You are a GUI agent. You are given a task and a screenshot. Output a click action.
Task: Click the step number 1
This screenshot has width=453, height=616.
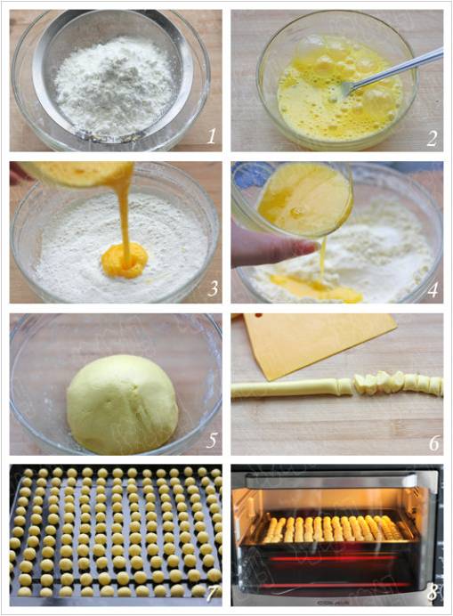pyautogui.click(x=212, y=136)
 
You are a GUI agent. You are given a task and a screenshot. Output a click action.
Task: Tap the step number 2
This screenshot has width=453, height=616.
pyautogui.click(x=433, y=138)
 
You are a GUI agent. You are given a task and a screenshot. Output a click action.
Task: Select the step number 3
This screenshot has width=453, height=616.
pyautogui.click(x=212, y=288)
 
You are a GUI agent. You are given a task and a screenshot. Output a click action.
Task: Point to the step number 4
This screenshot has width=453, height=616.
pyautogui.click(x=433, y=289)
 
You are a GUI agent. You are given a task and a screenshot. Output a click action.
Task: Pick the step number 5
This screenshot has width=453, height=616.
pyautogui.click(x=212, y=441)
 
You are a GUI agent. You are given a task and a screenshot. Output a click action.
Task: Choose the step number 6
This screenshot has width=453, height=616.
pyautogui.click(x=433, y=442)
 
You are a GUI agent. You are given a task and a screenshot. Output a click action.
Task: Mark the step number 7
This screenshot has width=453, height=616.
pyautogui.click(x=212, y=594)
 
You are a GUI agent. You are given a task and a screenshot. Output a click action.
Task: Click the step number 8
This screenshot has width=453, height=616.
pyautogui.click(x=433, y=593)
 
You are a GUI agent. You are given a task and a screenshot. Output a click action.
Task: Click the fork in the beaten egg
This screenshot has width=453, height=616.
pyautogui.click(x=392, y=70)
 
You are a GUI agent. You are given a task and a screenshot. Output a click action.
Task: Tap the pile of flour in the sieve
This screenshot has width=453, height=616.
pyautogui.click(x=114, y=85)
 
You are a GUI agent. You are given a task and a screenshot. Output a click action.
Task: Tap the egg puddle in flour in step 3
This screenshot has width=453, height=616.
pyautogui.click(x=125, y=260)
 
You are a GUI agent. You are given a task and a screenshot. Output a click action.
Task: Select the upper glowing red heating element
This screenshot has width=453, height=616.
pyautogui.click(x=333, y=558)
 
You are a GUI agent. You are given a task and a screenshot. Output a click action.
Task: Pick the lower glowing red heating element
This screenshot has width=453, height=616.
pyautogui.click(x=333, y=586)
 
